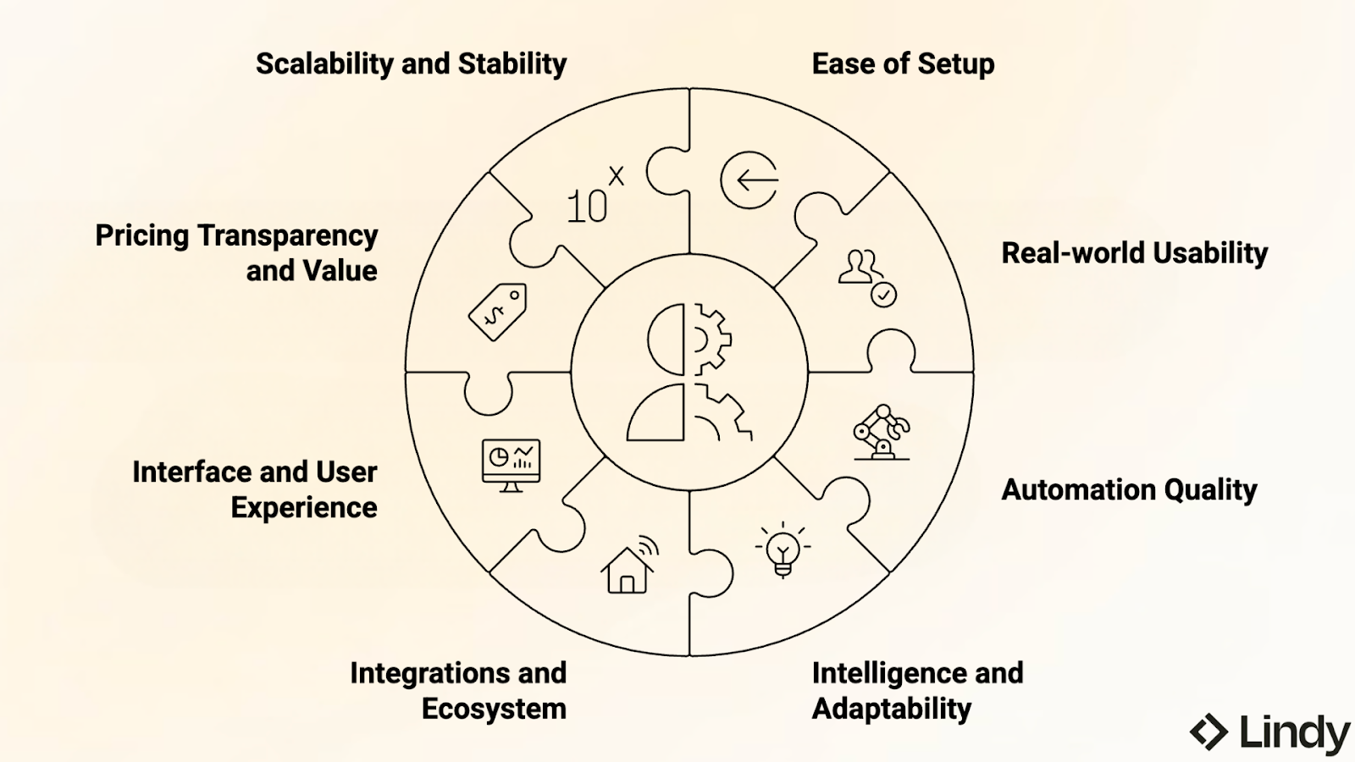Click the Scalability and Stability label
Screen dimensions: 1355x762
coord(411,63)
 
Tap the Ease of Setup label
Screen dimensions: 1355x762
coord(903,63)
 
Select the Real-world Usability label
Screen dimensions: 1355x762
coord(1134,253)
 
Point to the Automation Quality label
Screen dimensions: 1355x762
coord(1129,489)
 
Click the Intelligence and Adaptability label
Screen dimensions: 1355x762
coord(917,690)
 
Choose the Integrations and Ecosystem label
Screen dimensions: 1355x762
coord(458,690)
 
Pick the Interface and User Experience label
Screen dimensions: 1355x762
coord(255,489)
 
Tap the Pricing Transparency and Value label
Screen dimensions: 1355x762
coord(236,252)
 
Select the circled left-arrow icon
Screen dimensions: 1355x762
coord(749,180)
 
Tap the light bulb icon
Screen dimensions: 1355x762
coord(783,549)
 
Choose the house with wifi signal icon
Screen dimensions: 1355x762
coord(629,565)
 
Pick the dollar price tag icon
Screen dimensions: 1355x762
coord(497,312)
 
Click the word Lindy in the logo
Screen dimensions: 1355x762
coord(1294,732)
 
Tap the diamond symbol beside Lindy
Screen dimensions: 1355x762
coord(1208,732)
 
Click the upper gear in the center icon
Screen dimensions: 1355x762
coord(709,339)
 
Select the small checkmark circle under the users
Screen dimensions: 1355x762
coord(883,295)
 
